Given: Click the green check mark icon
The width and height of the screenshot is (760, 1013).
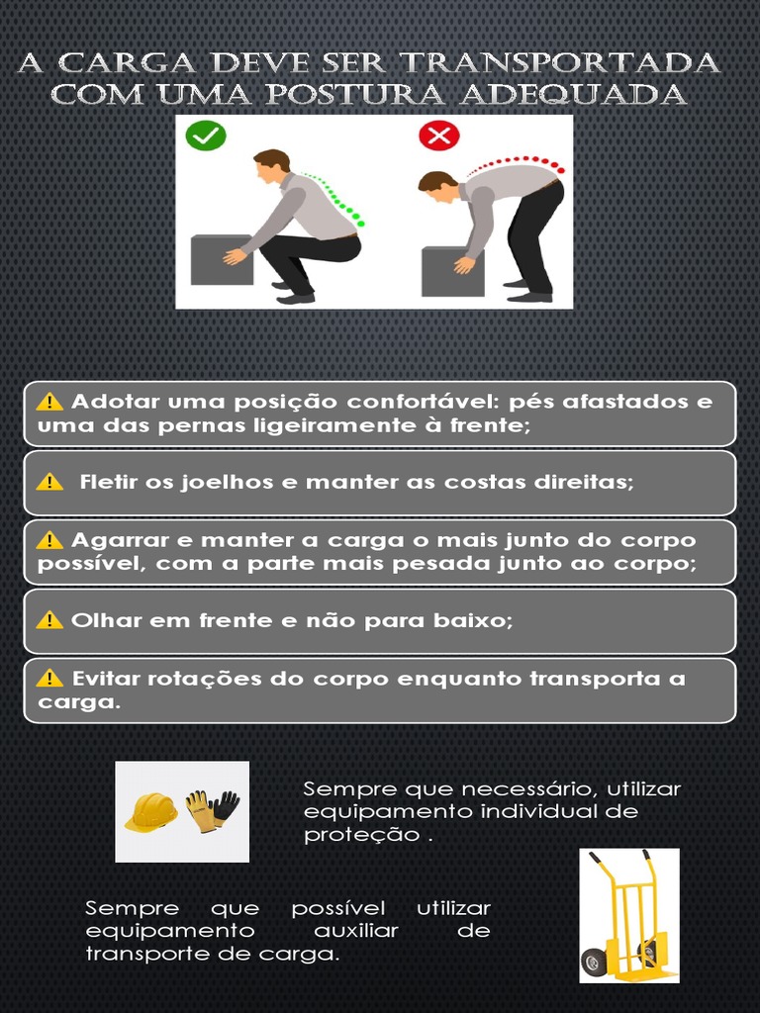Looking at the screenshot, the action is [x=206, y=136].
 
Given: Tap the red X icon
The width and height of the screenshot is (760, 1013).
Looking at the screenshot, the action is [x=438, y=135].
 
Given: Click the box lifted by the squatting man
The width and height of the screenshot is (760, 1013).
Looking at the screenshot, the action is [x=221, y=260].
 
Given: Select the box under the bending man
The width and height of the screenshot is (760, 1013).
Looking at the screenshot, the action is [x=452, y=271].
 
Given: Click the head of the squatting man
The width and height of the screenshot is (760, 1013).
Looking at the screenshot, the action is [x=272, y=166].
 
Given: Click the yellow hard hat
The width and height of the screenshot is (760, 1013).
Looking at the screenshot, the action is [x=150, y=811].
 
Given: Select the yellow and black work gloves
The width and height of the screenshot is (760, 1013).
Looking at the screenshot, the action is [x=213, y=810].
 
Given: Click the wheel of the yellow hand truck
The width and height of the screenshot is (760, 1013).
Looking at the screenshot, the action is [x=594, y=962].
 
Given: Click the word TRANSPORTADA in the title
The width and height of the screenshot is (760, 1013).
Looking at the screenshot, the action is [x=560, y=63].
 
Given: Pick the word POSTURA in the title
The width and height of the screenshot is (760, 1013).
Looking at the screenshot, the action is [x=355, y=94].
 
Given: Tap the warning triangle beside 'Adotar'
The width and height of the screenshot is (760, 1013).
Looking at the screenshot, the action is [x=49, y=402].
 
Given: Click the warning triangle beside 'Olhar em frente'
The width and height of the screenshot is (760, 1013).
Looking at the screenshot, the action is [x=49, y=620].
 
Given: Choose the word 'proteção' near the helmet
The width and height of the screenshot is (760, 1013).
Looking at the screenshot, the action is [x=362, y=835].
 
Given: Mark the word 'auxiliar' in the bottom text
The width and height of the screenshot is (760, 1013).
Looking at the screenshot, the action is [x=356, y=930].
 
